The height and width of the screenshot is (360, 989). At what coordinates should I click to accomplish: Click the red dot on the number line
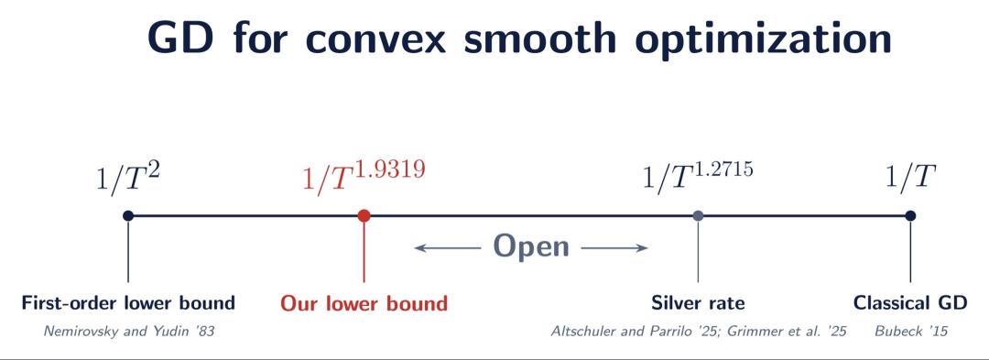point(364,215)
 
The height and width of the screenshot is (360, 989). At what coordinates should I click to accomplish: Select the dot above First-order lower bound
point(128,215)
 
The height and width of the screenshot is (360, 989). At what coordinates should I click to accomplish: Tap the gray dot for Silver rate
point(698,215)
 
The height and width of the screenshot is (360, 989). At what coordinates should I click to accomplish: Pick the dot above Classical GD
point(909,215)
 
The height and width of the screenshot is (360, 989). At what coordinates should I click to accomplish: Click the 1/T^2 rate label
point(128,181)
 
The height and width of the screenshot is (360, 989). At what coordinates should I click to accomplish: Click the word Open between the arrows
point(531,247)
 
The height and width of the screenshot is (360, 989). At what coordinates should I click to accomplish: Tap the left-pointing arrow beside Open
point(447,248)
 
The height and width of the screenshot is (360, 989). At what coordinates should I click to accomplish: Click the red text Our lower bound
point(364,303)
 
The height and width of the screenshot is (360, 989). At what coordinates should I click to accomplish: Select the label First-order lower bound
point(128,303)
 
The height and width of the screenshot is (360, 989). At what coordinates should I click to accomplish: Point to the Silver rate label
point(698,303)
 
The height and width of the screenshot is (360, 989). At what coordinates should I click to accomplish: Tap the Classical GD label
point(909,303)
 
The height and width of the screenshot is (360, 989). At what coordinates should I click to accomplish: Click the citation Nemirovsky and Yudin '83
point(129,331)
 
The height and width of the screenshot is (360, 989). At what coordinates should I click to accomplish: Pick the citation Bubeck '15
point(911,331)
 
